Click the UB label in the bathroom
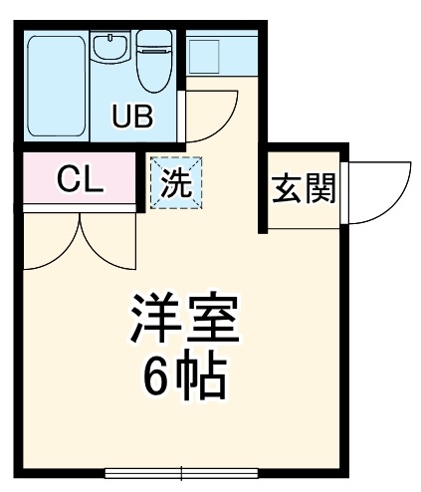(132, 117)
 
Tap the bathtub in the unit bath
(57, 88)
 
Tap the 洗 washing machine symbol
(175, 182)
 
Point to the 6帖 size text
(184, 375)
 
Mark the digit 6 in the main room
(156, 375)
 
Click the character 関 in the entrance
(319, 189)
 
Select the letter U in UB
(120, 117)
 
